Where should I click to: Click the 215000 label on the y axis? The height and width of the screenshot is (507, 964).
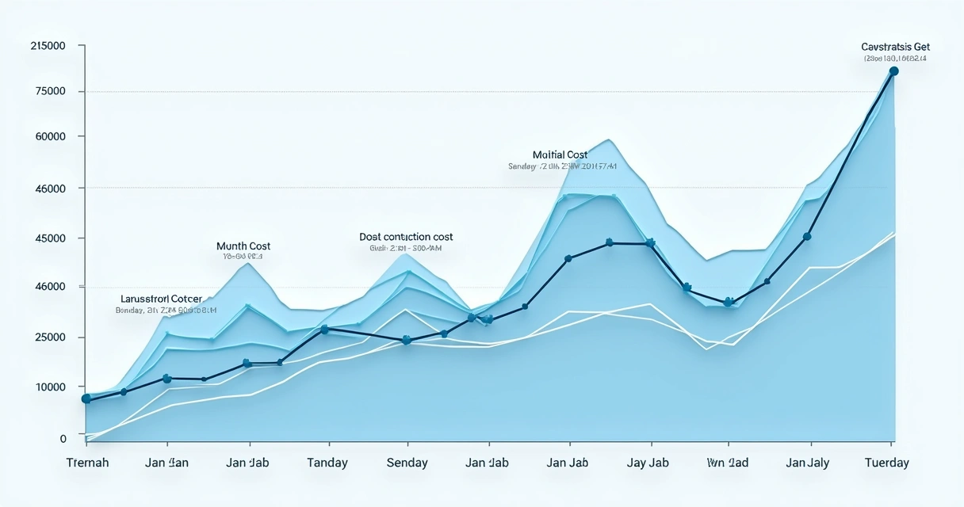coord(48,47)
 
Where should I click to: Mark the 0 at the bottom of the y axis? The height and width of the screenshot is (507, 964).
coord(63,438)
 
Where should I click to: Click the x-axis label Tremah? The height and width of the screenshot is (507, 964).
coord(87,463)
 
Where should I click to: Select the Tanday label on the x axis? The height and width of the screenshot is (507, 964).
coord(327,463)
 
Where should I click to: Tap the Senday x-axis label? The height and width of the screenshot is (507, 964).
coord(407,463)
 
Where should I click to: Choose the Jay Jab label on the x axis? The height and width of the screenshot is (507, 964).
coord(648,463)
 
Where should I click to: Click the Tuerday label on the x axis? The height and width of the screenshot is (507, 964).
coord(886,463)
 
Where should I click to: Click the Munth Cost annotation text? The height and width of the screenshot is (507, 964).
coord(243,246)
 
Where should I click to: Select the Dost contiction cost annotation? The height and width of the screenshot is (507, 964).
coord(406,237)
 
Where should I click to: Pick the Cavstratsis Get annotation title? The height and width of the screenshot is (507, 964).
coord(895,48)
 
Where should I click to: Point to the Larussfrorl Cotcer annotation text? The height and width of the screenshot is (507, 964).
coord(161,299)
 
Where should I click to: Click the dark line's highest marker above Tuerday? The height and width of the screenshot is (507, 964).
coord(893,71)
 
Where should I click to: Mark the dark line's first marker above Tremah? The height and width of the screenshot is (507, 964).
coord(86,399)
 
